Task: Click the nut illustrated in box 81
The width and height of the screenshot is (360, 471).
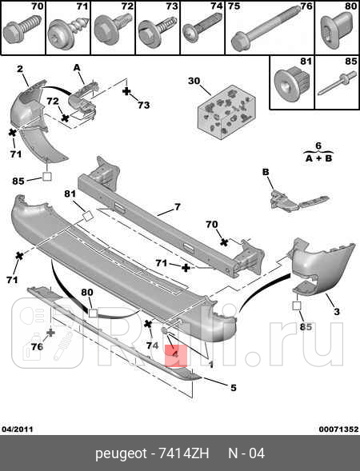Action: coord(292,82)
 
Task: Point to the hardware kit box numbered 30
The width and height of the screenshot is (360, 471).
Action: coord(226,112)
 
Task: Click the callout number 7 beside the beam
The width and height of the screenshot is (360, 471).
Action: coord(178,207)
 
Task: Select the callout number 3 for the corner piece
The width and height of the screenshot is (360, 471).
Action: coord(337,311)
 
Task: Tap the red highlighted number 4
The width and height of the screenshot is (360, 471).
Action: coord(176,355)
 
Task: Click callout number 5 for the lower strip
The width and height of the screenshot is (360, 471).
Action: coord(234,388)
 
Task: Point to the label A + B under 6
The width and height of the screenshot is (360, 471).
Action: coord(318,158)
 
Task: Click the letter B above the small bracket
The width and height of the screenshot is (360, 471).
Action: coord(266,172)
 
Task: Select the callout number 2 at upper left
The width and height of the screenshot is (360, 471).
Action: coord(20,69)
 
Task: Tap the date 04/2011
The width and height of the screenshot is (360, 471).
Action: coord(18,429)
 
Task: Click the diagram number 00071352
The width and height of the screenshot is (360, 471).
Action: coord(338,429)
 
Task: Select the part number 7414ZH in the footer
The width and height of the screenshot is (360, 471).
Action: coord(184,453)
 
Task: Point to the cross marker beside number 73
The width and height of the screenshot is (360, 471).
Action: coord(127,91)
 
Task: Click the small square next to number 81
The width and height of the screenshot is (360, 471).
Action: coord(87,216)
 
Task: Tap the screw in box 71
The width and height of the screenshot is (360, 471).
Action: coord(69,31)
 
